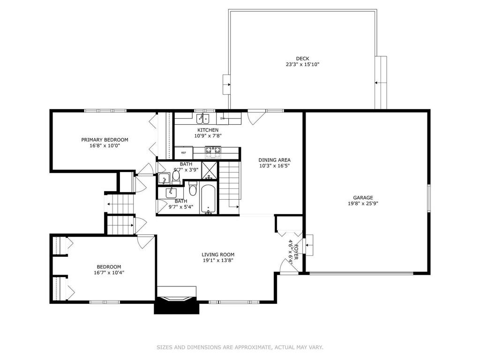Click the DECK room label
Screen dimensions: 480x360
click(302, 59)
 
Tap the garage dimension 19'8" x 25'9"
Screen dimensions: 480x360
click(363, 203)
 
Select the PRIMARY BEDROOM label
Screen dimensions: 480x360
click(105, 140)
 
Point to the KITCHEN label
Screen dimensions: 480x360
click(208, 130)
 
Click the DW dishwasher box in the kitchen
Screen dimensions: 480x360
click(223, 119)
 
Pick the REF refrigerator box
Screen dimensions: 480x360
click(184, 152)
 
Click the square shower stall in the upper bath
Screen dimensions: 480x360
click(210, 170)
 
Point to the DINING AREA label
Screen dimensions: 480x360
click(274, 160)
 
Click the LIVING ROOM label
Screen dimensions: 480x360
click(218, 255)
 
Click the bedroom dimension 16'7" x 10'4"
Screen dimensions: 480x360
click(109, 272)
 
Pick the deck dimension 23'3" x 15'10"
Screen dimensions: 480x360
click(302, 64)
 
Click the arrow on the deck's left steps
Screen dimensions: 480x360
click(228, 84)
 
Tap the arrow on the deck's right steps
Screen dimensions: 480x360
click(378, 82)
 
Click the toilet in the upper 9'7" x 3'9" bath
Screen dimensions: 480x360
click(176, 177)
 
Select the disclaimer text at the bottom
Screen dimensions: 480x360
click(240, 347)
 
